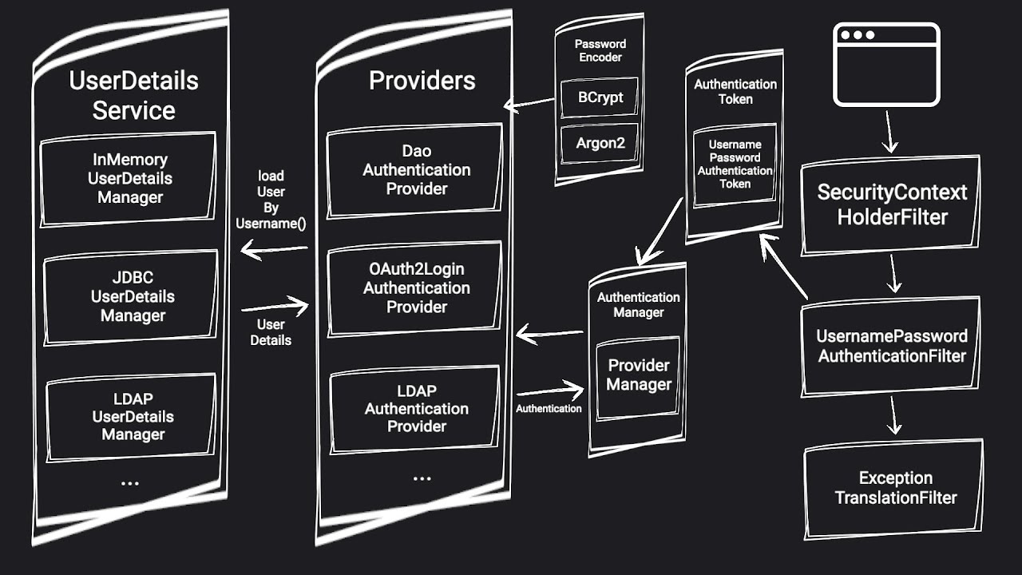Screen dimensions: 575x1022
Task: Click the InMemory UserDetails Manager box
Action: coord(129,179)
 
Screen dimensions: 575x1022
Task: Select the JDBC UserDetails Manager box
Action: coord(131,296)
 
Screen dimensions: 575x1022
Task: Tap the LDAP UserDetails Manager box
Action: coord(132,416)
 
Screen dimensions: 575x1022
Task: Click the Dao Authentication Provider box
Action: coord(415,170)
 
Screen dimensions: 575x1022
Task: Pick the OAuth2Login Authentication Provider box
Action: coord(415,287)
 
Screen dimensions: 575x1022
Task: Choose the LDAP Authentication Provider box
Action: coord(415,408)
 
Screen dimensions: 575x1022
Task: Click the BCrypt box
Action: coord(600,98)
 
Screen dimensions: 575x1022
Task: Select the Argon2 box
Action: coord(600,144)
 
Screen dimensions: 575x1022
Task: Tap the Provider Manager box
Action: coord(638,375)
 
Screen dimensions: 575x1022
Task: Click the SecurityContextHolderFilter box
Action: coord(891,204)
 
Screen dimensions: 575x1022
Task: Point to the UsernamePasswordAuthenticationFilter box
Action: coord(891,346)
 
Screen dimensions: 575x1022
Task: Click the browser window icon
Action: coord(886,65)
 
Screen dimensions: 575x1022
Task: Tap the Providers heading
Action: coord(422,81)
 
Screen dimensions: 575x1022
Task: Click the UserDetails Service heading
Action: coord(133,95)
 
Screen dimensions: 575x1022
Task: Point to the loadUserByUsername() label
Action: coord(271,200)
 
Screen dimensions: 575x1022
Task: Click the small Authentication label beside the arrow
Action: coord(549,409)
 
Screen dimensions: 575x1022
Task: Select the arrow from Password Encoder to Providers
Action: coord(529,104)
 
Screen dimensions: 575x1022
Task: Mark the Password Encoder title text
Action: coord(600,50)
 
